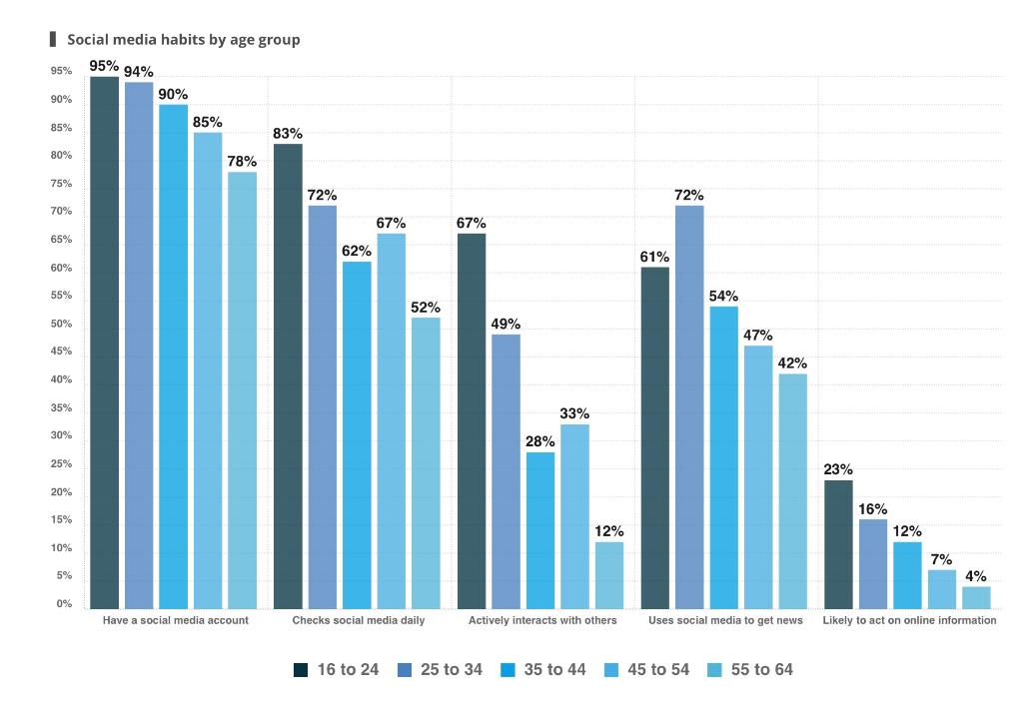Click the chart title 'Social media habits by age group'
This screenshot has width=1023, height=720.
click(183, 40)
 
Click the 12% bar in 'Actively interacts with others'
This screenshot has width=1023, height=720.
click(609, 575)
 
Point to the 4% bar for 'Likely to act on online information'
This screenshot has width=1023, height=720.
click(976, 597)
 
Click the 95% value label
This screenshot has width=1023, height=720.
click(104, 66)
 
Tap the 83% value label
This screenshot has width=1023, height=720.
click(288, 134)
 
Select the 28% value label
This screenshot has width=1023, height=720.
click(540, 442)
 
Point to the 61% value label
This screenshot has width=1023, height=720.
click(654, 257)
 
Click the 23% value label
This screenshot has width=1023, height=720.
click(838, 470)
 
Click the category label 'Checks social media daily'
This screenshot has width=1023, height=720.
click(359, 621)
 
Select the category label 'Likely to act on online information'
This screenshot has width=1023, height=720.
click(909, 621)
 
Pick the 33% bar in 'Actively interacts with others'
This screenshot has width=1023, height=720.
click(574, 516)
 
